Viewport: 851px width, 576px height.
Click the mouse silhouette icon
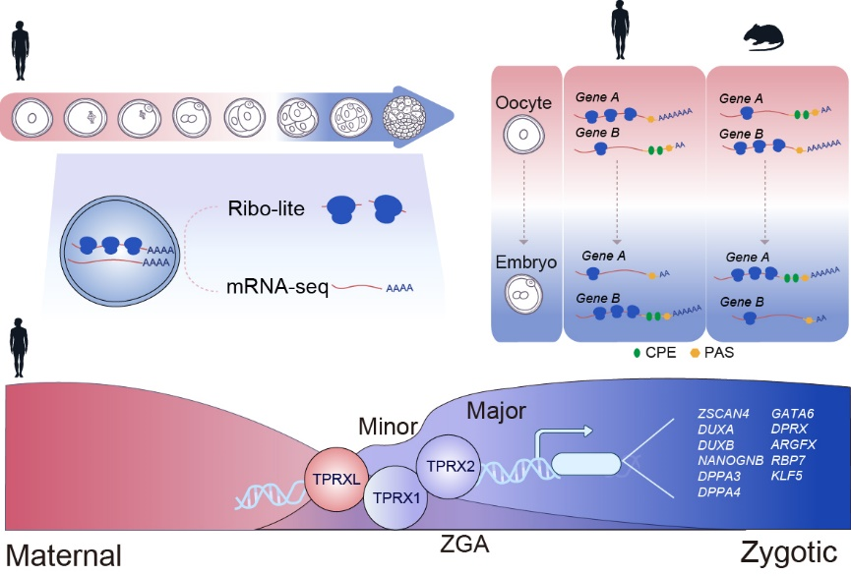(x=765, y=35)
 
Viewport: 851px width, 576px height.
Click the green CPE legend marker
(x=638, y=352)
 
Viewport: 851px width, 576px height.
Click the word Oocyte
(x=523, y=102)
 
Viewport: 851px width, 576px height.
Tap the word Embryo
(x=523, y=262)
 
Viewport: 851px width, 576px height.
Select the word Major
(x=497, y=408)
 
